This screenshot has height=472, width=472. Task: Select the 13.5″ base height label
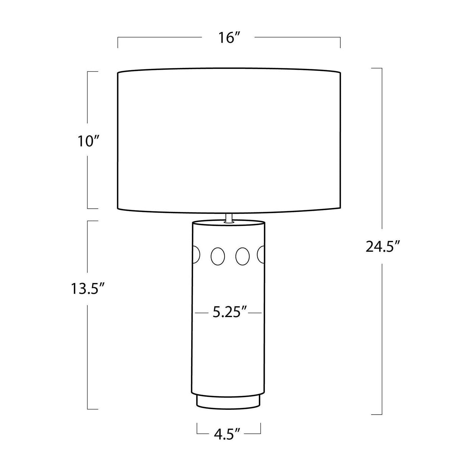(88, 289)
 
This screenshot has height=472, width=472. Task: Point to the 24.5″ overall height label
(383, 247)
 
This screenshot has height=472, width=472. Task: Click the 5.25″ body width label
(230, 312)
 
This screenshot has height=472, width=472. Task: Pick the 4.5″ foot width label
(227, 434)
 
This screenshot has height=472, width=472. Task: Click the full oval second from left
(218, 256)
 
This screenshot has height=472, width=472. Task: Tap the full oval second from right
(242, 256)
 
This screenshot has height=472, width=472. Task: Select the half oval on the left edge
(196, 254)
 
